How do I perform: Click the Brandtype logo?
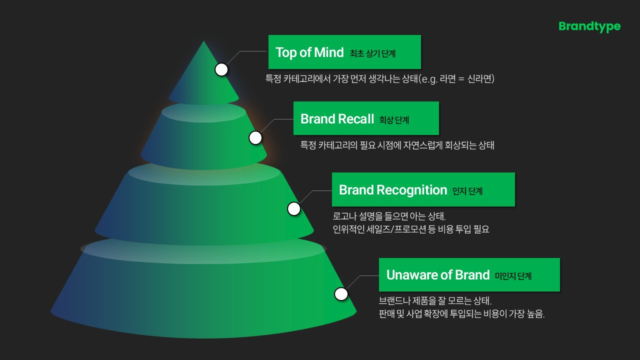click(589, 26)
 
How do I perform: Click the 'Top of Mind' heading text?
click(309, 52)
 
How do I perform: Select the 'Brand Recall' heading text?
click(337, 119)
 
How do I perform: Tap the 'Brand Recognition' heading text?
click(392, 190)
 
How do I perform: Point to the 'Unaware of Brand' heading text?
click(437, 275)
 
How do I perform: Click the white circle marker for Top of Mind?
click(221, 69)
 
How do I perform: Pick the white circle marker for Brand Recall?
click(255, 138)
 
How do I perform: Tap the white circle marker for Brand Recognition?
click(294, 209)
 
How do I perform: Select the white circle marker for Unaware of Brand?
click(341, 294)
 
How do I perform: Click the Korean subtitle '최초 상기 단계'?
click(372, 53)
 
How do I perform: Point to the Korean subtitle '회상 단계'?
click(394, 120)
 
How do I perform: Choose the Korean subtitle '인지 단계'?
click(467, 191)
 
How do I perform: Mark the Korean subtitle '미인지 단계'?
click(513, 276)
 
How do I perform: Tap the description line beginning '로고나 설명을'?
click(388, 217)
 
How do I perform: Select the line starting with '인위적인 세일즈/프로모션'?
click(410, 230)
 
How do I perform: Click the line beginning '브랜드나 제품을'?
click(435, 301)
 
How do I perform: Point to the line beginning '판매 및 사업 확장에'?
click(461, 314)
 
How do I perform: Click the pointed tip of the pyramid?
click(203, 42)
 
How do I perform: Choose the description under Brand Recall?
click(397, 146)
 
